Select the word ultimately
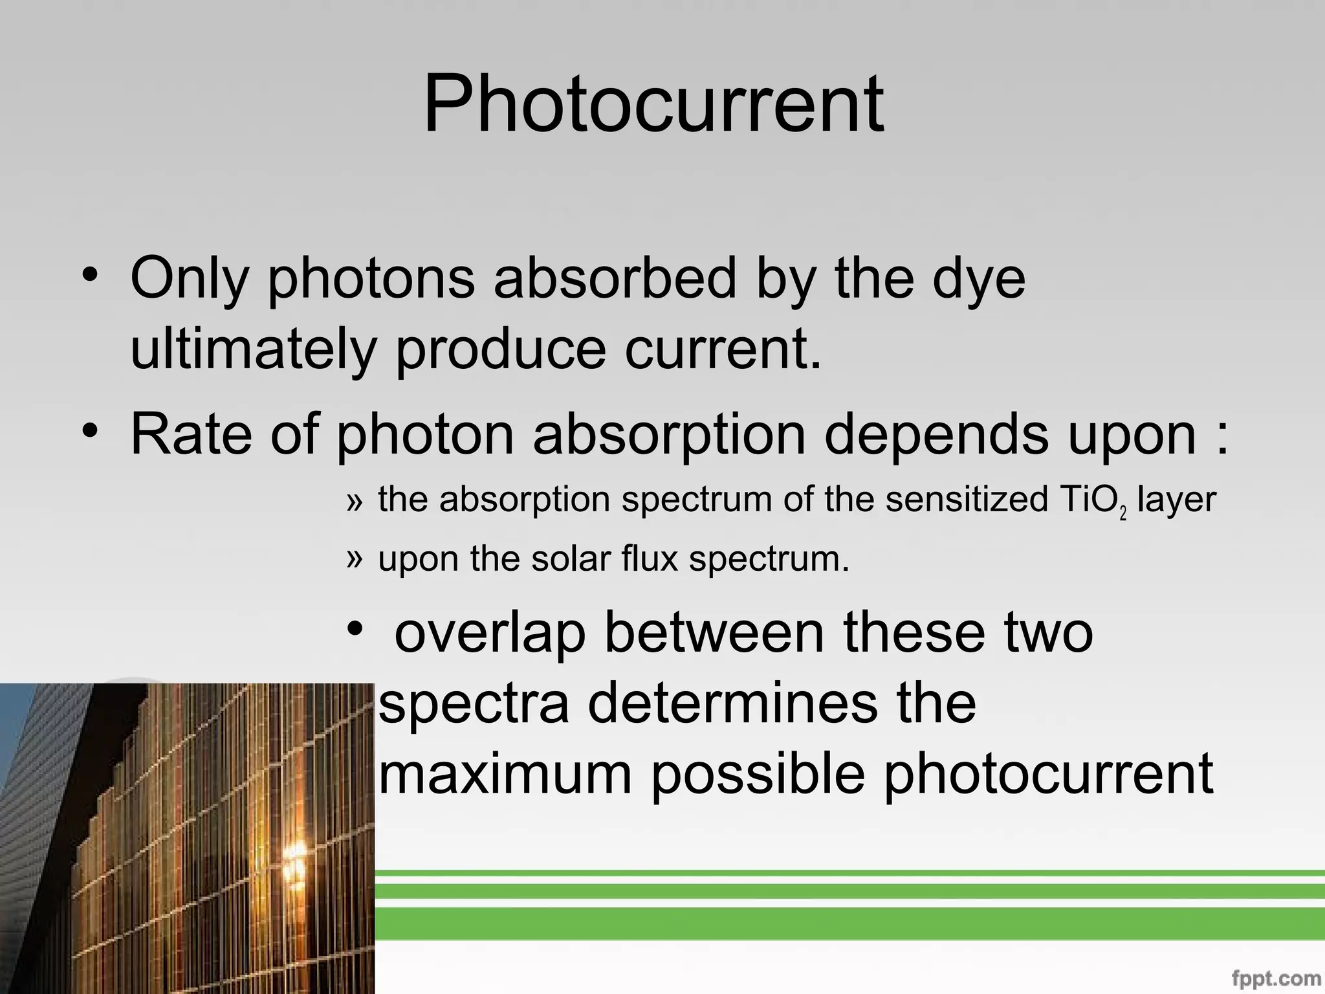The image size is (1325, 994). [253, 349]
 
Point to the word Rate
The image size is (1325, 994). [191, 434]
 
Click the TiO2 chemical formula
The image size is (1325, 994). [1093, 502]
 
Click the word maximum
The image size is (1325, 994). [505, 774]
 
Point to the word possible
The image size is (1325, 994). [758, 775]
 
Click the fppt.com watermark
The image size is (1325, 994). [1276, 978]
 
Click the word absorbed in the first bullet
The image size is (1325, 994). [615, 279]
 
